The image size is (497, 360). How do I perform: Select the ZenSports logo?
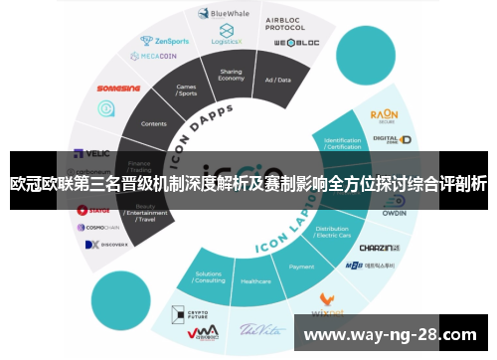point(165,42)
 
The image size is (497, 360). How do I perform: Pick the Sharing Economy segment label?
point(231,77)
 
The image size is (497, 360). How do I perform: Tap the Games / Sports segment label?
point(186,92)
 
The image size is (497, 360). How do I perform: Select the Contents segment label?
point(154,124)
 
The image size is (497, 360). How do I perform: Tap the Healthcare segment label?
point(255,281)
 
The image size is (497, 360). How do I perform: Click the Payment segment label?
point(301,267)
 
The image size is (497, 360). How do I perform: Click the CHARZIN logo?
point(378,248)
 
